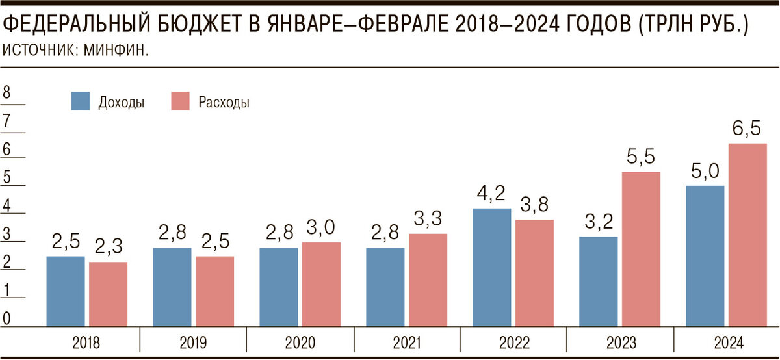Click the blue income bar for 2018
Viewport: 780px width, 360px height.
pos(66,291)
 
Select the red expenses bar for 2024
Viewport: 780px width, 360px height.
pos(747,235)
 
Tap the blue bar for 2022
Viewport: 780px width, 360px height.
pos(492,267)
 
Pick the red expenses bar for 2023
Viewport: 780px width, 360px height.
pos(641,249)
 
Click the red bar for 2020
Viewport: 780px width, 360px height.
pos(321,284)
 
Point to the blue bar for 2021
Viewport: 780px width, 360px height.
pos(385,287)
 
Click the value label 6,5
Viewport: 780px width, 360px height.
pos(747,130)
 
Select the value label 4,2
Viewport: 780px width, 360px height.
pos(492,194)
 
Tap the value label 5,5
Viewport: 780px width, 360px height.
pos(640,158)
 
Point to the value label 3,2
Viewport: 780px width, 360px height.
pos(599,223)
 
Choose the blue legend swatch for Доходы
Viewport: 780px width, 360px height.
pos(80,102)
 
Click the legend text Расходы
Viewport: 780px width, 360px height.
pos(224,103)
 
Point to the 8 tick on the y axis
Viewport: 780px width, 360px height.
pos(7,94)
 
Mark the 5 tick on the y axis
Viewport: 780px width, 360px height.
pos(7,177)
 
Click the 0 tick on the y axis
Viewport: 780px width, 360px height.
pos(7,318)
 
